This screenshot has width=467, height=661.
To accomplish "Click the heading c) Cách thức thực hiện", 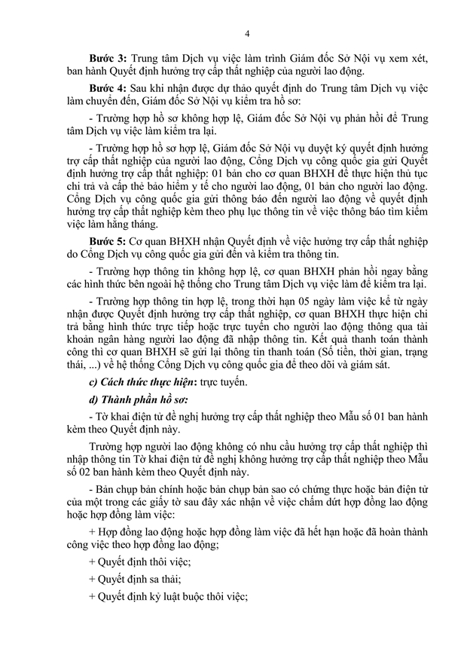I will [x=138, y=382].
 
